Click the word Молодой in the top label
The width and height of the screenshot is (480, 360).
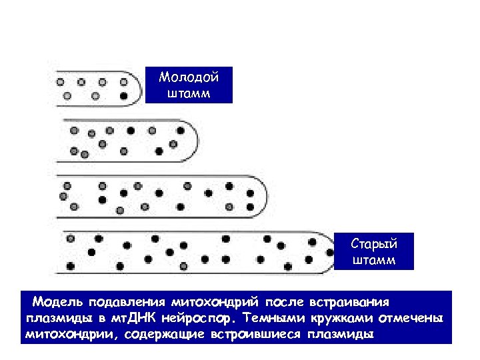point(189,77)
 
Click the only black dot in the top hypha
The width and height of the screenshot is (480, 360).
point(124,96)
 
